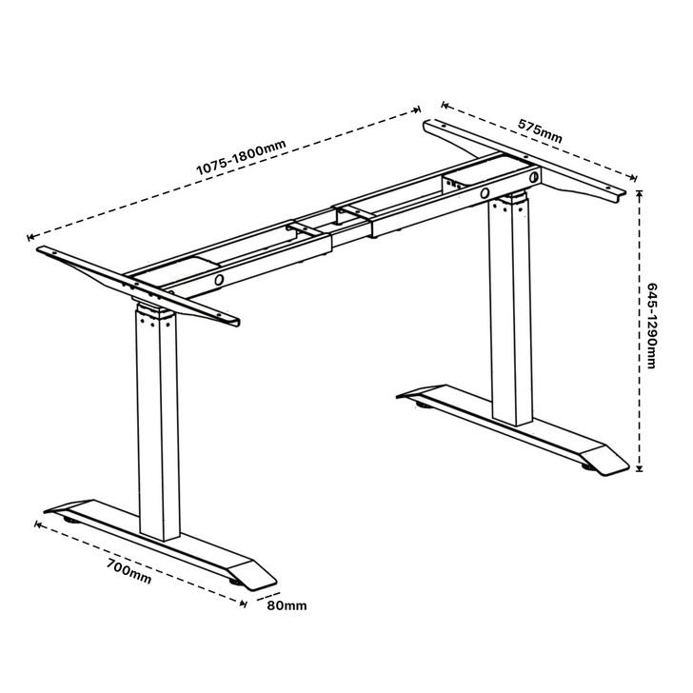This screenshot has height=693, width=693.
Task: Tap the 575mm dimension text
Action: (540, 130)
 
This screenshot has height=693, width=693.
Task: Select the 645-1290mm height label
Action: (652, 329)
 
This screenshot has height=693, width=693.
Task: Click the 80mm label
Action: (287, 605)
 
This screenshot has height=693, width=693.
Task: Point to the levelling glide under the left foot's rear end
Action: (72, 520)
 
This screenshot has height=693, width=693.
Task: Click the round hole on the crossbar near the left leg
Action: (220, 281)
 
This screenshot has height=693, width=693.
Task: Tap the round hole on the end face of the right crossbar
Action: (534, 178)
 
